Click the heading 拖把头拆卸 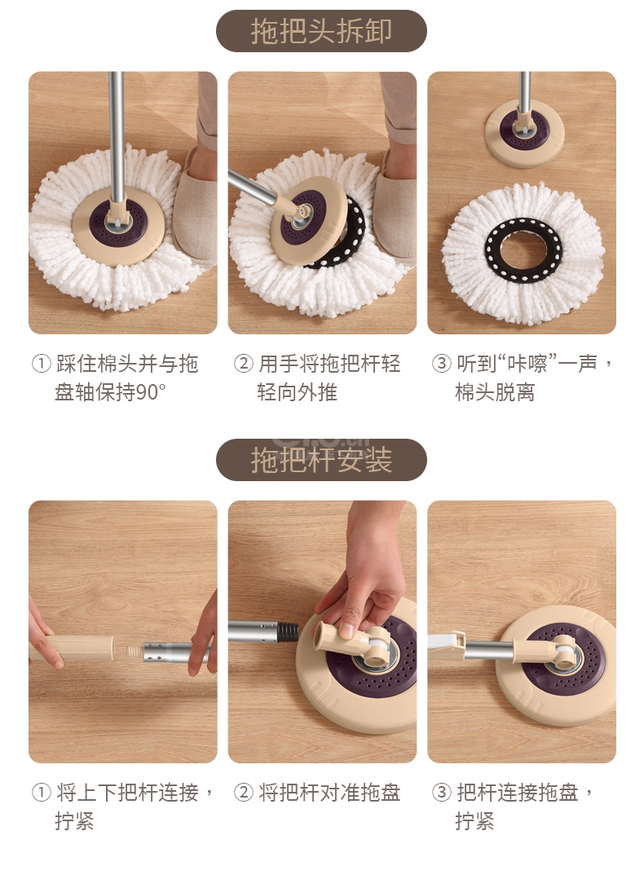pos(321,31)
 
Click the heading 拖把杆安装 pos(321,460)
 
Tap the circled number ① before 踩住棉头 pos(42,364)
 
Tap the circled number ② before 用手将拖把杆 pos(243,364)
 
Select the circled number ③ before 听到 pos(441,364)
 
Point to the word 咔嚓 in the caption pos(527,364)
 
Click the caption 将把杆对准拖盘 pos(329,793)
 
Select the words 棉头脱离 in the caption pos(495,392)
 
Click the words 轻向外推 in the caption pos(297,392)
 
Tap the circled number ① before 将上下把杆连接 pos(42,793)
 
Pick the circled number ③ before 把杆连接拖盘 pos(441,793)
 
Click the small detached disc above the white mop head pos(524,134)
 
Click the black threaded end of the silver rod pos(288,631)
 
